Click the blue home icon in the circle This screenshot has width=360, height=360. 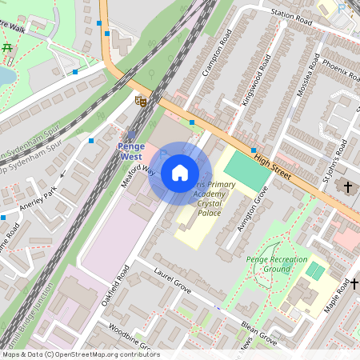pyautogui.click(x=180, y=172)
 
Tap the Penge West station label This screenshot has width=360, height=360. pyautogui.click(x=130, y=151)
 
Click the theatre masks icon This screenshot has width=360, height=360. pyautogui.click(x=141, y=101)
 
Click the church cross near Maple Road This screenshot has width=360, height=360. pyautogui.click(x=354, y=284)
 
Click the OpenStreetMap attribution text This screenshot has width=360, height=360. pyautogui.click(x=80, y=354)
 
